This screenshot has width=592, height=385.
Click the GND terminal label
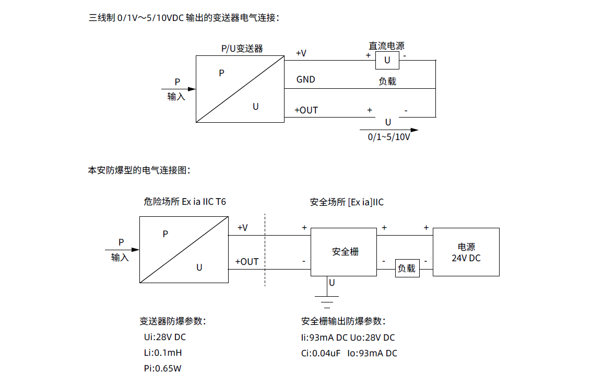[x=305, y=80]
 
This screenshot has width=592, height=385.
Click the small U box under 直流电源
[x=387, y=61]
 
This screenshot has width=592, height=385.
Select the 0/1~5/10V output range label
[x=389, y=137]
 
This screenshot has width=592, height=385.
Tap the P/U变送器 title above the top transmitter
[x=242, y=49]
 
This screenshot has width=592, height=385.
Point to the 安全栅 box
[x=344, y=252]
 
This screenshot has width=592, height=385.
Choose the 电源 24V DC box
[x=466, y=252]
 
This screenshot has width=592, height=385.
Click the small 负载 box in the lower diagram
[x=407, y=269]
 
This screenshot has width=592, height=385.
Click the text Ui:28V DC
[x=165, y=337]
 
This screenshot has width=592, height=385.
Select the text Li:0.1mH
[x=163, y=353]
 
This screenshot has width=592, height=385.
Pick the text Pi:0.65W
[x=163, y=368]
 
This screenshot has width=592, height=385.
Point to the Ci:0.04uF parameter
[x=321, y=353]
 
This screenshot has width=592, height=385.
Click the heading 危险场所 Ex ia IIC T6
[x=185, y=202]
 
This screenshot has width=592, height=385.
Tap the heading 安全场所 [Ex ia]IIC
[x=347, y=202]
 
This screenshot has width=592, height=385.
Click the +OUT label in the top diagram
[x=306, y=110]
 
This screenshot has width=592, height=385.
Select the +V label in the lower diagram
[x=242, y=228]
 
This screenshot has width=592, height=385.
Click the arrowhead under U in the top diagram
[x=415, y=130]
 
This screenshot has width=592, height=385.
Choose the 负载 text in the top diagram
[x=387, y=81]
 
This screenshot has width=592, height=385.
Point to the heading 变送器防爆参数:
[x=173, y=321]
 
